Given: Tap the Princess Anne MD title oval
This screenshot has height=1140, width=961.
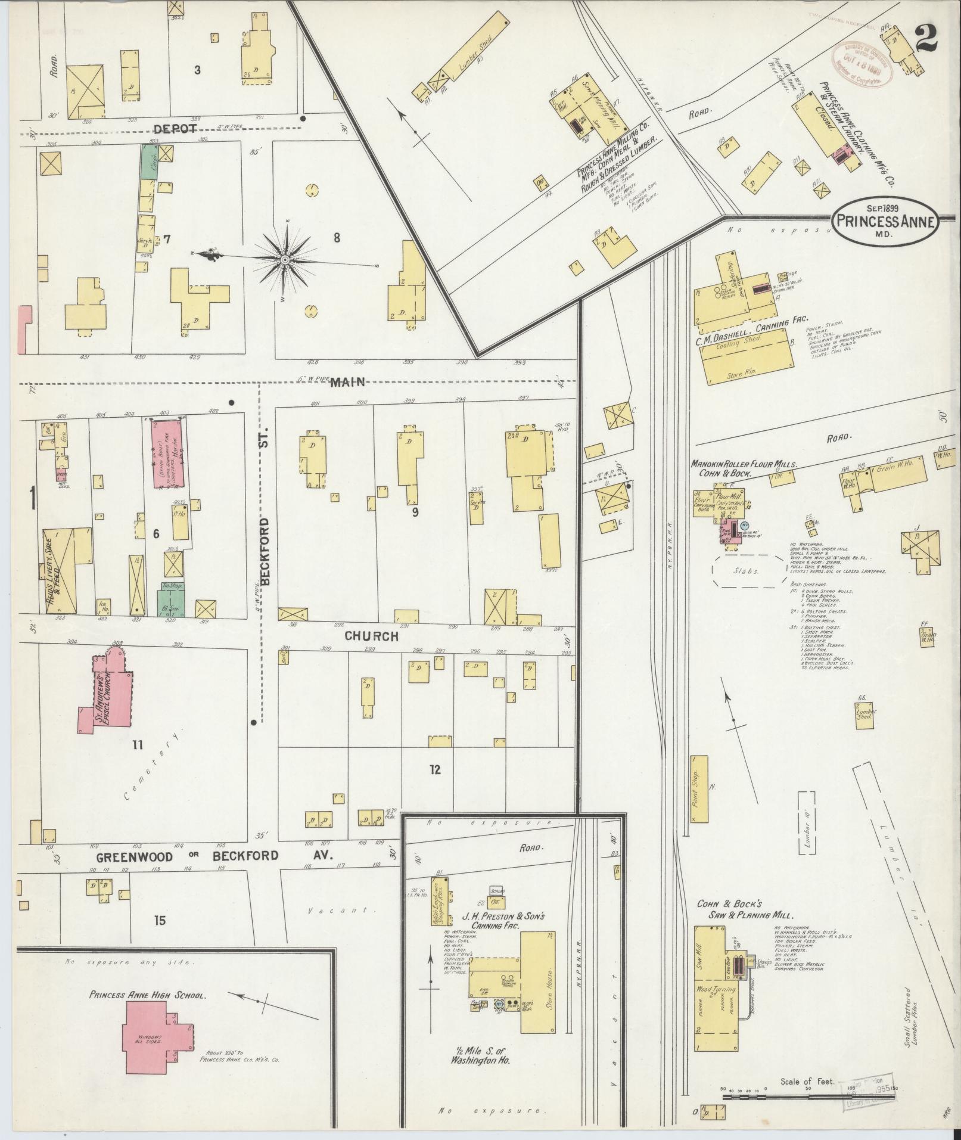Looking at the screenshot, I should click(x=886, y=221).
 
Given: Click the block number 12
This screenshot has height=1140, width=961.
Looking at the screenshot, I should click(x=435, y=769).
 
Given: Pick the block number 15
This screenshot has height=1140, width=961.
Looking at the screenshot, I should click(x=159, y=921).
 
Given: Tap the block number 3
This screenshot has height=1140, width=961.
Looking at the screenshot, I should click(x=197, y=70).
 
